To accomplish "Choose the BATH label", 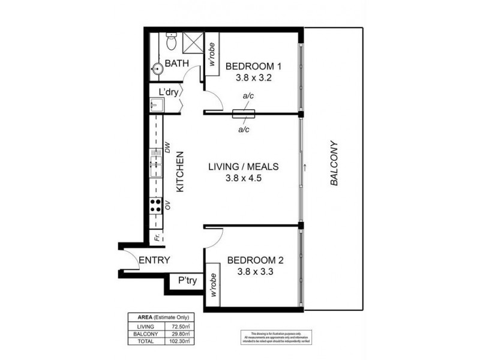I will point(178,63).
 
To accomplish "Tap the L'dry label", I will point(170,92).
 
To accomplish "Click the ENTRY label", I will point(154,260).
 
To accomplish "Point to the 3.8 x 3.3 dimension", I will point(253,272).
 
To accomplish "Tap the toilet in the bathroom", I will point(171,42).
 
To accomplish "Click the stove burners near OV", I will point(155,206).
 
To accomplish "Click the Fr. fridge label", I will point(156,238).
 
